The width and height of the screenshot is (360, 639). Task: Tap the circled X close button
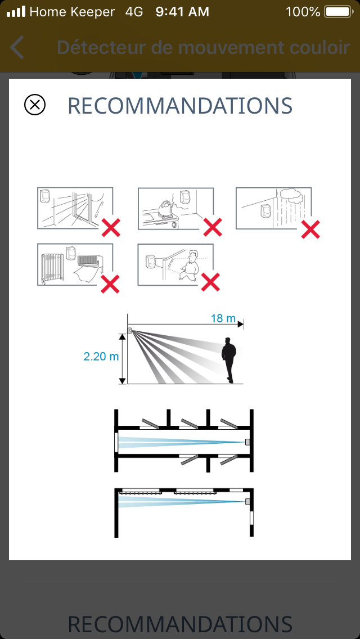(x=35, y=105)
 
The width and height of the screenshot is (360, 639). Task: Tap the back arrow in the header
(x=17, y=47)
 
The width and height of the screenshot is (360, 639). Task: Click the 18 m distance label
(x=223, y=318)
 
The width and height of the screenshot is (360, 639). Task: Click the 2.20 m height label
(x=101, y=356)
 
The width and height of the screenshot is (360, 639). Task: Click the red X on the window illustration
(x=111, y=227)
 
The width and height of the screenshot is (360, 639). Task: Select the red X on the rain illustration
(x=310, y=229)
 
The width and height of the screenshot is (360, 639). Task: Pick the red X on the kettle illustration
(x=213, y=227)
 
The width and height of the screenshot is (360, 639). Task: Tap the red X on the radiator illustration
(x=110, y=284)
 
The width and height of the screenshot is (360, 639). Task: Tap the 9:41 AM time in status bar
(x=182, y=12)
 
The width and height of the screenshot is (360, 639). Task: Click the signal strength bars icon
(x=16, y=12)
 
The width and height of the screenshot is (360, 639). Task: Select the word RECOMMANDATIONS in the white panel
(x=180, y=106)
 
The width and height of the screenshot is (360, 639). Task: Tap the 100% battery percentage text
(x=303, y=12)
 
